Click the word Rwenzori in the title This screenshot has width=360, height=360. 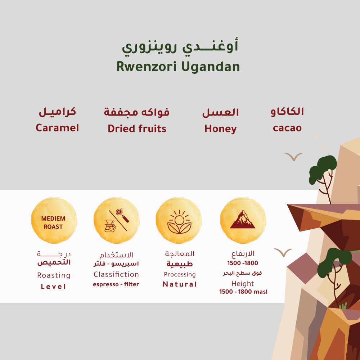pos(147,67)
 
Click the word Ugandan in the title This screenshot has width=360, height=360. pos(211,67)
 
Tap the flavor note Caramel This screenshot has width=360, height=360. pos(57,128)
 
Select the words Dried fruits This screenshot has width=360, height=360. pos(137,129)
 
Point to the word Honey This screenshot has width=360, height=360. pos(220,129)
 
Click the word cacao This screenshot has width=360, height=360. pos(287,128)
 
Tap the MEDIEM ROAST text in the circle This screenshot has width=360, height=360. pos(53,222)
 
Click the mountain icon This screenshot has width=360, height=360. pos(243,219)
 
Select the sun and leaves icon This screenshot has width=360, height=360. pos(179,222)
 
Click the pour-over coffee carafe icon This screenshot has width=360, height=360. pos(110,226)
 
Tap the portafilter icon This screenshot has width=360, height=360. pos(122,216)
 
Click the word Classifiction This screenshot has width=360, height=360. pos(116,274)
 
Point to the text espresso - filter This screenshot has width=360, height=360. pos(116,284)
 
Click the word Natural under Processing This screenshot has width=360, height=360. pos(180,284)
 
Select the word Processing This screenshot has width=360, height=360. pos(180,275)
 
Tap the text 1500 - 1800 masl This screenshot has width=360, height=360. pos(243,292)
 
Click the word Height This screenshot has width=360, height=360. pos(243,284)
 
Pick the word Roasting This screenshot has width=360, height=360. pos(54,275)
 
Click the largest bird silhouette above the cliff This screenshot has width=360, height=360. pos(293,157)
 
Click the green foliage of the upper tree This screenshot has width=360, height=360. pos(322,169)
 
